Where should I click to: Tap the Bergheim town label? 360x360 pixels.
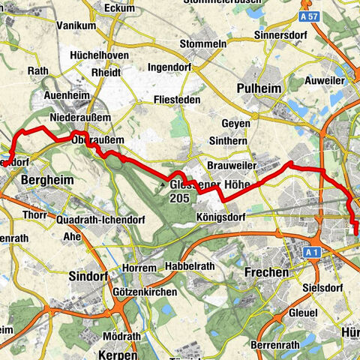point(46,181)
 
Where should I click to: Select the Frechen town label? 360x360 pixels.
point(267,273)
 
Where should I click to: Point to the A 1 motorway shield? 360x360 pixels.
point(313,254)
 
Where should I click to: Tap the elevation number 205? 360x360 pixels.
point(181,198)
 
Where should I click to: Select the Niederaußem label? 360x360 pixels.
point(80,118)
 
